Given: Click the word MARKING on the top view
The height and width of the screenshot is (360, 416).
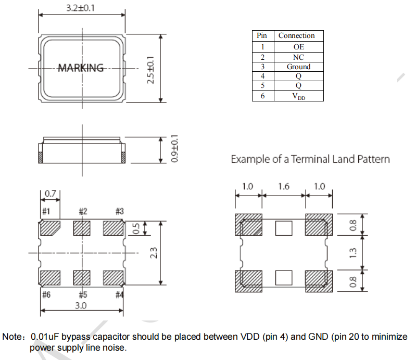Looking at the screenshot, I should coord(81,68).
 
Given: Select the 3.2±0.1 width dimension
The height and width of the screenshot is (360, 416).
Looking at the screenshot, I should coord(81,9).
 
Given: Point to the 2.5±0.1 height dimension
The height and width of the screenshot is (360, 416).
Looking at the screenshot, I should coord(151,70).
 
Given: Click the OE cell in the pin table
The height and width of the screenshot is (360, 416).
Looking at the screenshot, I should coord(298,47).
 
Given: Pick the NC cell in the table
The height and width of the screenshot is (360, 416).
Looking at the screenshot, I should coord(298,57).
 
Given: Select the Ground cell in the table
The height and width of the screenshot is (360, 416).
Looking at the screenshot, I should coord(298,67).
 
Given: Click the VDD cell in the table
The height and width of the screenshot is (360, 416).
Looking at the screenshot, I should coord(298,96).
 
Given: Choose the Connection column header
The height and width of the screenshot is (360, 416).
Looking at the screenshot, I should coord(297,35).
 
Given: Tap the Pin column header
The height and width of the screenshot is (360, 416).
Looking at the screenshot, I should coord(262,35).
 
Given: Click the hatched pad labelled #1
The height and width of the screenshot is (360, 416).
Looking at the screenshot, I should coord(51,227).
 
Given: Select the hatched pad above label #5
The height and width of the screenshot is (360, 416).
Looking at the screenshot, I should coord(82,277).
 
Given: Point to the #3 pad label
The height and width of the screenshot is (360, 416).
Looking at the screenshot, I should coord(119,211).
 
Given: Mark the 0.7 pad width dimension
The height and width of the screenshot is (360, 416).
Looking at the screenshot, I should coord(50,194).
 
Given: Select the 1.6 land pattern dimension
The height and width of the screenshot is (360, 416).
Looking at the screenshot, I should coord(283,186).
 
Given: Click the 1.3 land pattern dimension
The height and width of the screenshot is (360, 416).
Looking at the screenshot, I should coord(354,252).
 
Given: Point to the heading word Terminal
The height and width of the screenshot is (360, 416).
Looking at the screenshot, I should coord(312,159).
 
